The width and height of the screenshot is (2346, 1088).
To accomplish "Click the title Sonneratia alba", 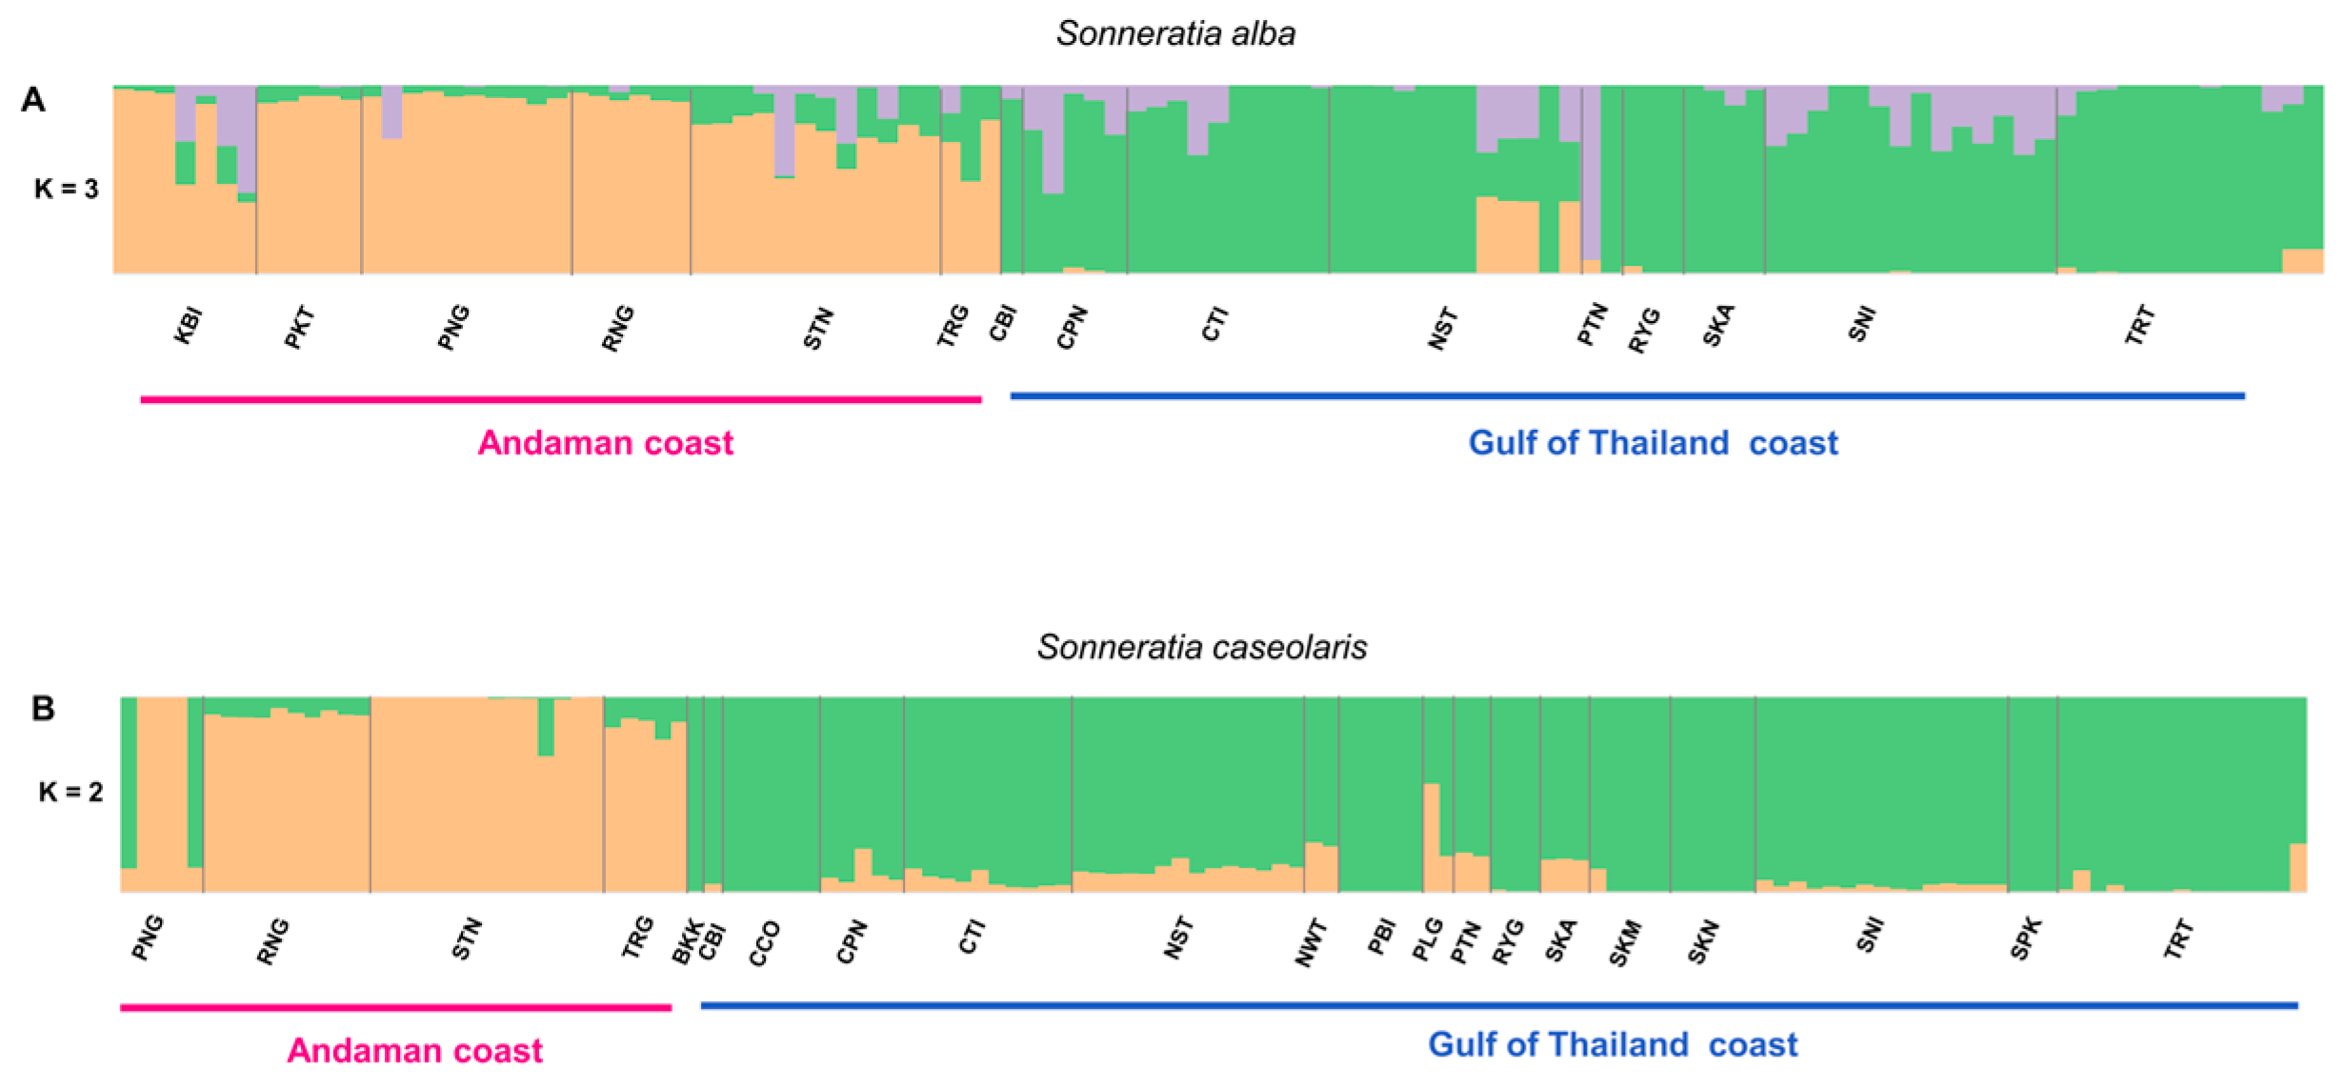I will [1175, 34].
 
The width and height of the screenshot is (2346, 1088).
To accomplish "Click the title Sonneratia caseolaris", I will [1201, 648].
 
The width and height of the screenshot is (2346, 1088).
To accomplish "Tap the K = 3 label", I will [66, 189].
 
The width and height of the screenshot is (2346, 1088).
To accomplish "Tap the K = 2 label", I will [70, 792].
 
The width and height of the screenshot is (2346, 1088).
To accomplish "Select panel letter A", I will [33, 100].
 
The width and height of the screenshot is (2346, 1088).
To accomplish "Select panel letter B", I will [43, 709].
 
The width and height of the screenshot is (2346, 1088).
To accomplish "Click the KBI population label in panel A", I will [188, 326].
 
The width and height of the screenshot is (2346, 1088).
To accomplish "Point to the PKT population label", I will [299, 327].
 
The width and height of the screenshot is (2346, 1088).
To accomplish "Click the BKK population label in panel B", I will [687, 941].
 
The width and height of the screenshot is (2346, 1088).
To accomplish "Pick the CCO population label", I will [764, 943].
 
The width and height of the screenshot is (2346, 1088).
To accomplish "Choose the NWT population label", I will [1311, 942].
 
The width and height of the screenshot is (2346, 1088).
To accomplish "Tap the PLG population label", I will [1427, 939].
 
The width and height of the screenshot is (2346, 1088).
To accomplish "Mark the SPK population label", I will [2026, 938].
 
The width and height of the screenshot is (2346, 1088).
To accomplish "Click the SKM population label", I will [1625, 942].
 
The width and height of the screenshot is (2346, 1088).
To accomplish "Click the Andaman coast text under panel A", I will [605, 443].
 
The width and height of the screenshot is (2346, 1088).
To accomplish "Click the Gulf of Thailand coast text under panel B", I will [1612, 1044].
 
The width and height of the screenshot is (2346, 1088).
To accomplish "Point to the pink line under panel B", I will [395, 1007].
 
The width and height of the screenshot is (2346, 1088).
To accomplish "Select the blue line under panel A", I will [1627, 395].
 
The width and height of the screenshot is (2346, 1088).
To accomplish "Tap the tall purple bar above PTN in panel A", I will [1591, 171].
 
